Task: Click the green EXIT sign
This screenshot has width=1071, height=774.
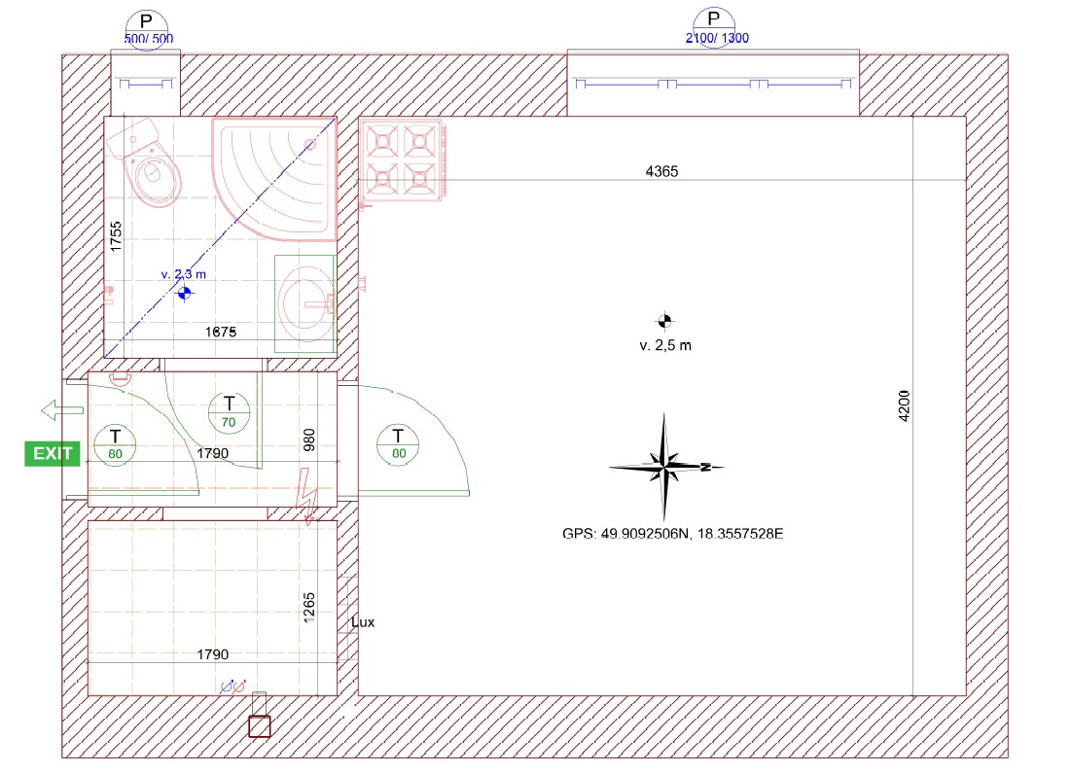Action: [52, 454]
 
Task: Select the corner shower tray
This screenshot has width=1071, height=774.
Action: [274, 179]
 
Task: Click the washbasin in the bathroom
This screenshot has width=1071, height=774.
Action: [305, 303]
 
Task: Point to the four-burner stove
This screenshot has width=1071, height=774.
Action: [402, 161]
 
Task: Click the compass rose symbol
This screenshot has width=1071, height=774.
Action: [665, 467]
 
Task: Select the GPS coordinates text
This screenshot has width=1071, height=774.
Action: [672, 534]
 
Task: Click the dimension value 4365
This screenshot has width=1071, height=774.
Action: [661, 172]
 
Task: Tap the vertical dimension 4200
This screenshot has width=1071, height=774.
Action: [905, 406]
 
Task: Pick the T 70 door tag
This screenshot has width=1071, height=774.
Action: [229, 412]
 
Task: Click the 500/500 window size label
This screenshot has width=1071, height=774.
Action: [148, 39]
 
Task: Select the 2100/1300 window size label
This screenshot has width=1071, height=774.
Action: [717, 38]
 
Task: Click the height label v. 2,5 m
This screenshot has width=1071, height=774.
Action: [665, 345]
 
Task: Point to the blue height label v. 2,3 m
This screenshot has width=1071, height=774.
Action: [183, 274]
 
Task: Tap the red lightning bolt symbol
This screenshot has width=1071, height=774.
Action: [306, 496]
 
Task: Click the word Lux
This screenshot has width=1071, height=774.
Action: [363, 622]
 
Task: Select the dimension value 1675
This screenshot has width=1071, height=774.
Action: [221, 332]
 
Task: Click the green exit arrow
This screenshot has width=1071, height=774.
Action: [62, 410]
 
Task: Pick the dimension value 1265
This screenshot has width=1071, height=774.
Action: [309, 608]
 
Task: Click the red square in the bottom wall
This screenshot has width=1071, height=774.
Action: [260, 727]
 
